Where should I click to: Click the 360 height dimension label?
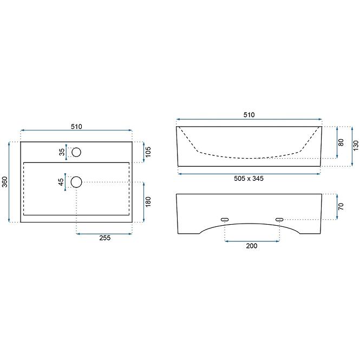click(x=5, y=182)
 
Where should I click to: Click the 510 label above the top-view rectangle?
click(x=76, y=127)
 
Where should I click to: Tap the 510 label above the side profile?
click(x=249, y=115)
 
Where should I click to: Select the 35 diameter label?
click(x=62, y=152)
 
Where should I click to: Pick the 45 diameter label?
click(x=61, y=182)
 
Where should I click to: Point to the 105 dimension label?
click(x=148, y=152)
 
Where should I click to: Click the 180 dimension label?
click(x=148, y=202)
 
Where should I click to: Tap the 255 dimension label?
click(x=105, y=238)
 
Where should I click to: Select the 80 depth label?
click(x=341, y=142)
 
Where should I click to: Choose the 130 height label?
click(x=356, y=146)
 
